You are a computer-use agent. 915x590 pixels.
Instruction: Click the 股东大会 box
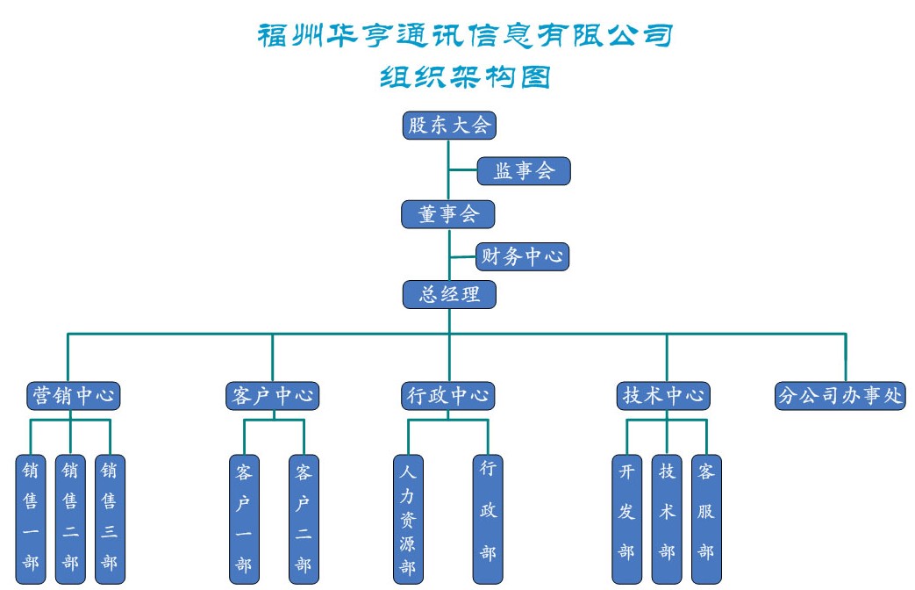[449, 125]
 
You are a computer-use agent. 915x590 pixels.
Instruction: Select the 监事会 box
[524, 170]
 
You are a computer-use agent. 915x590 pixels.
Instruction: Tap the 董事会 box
[448, 214]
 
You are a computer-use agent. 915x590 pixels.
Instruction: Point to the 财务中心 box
[523, 256]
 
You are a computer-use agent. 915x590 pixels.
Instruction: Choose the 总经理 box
[449, 294]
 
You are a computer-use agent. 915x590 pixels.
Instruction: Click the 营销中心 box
[71, 395]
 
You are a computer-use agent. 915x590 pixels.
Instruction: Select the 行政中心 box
[447, 395]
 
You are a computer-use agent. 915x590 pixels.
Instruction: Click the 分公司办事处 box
[840, 395]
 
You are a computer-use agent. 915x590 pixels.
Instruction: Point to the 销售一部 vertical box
[31, 518]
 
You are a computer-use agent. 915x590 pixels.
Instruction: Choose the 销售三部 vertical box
[110, 518]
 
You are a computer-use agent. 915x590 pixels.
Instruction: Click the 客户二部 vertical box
[304, 518]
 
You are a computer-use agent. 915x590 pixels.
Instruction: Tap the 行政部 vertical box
[489, 518]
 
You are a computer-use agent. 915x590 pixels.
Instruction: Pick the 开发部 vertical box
[626, 518]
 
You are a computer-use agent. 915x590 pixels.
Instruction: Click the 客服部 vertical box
[706, 518]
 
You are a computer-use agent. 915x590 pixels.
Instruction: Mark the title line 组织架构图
[465, 77]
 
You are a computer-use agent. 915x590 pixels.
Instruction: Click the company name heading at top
[465, 35]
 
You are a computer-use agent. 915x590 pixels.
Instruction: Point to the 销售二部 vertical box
[70, 518]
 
